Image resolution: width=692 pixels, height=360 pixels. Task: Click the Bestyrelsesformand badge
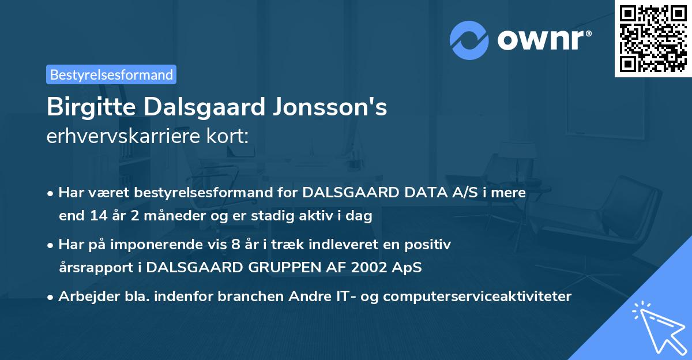click(x=111, y=74)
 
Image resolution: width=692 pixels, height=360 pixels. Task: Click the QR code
click(x=652, y=39)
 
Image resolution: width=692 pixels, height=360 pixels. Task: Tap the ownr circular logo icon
click(x=469, y=40)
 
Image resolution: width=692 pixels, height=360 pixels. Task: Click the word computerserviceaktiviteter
click(x=476, y=297)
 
